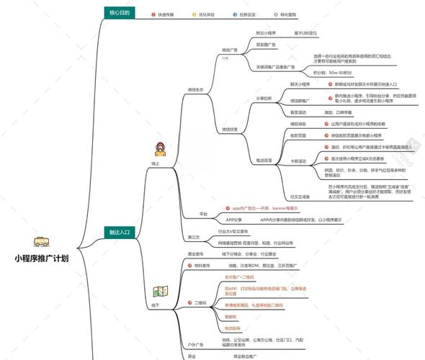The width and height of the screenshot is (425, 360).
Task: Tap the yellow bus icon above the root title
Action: tap(42, 243)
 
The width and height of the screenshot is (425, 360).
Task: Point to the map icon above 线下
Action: tap(159, 292)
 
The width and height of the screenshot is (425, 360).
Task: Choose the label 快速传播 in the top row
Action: tap(169, 14)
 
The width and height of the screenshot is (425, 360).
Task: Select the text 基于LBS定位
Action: tap(305, 33)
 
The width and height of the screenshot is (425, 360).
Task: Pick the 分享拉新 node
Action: tap(264, 97)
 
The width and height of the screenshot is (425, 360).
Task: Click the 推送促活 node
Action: tap(264, 160)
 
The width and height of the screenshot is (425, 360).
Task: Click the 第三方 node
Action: tap(194, 237)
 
